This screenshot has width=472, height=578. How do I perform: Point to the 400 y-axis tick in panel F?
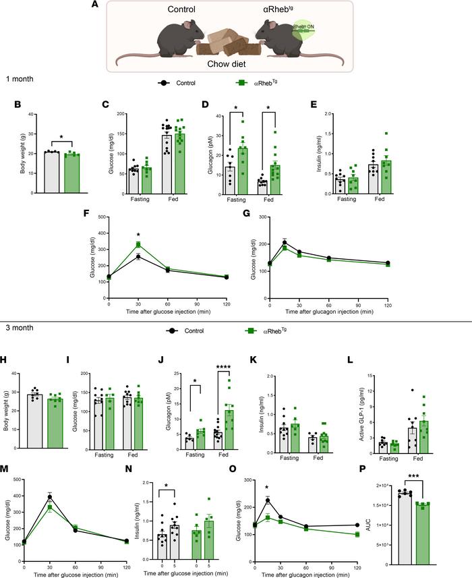coord(102,217)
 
